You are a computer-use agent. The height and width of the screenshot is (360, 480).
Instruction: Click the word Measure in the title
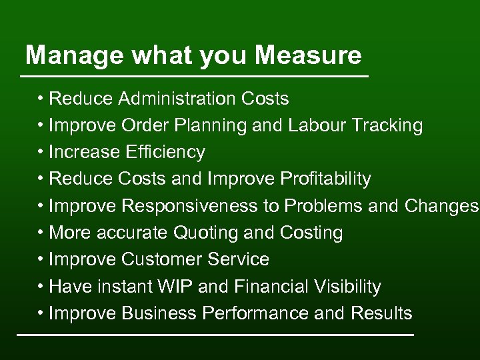308,55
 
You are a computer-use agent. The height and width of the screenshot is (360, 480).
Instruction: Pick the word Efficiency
165,153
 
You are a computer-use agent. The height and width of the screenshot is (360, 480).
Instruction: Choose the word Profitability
325,179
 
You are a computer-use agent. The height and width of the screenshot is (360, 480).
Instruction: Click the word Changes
441,206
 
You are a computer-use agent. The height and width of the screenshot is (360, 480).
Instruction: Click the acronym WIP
175,287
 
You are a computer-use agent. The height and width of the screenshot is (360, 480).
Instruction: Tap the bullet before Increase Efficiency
41,153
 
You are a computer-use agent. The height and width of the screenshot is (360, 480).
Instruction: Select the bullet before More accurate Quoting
41,233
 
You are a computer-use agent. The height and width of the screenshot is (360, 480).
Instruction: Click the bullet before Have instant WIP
41,287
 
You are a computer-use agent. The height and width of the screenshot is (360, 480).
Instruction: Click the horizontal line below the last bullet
215,333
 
